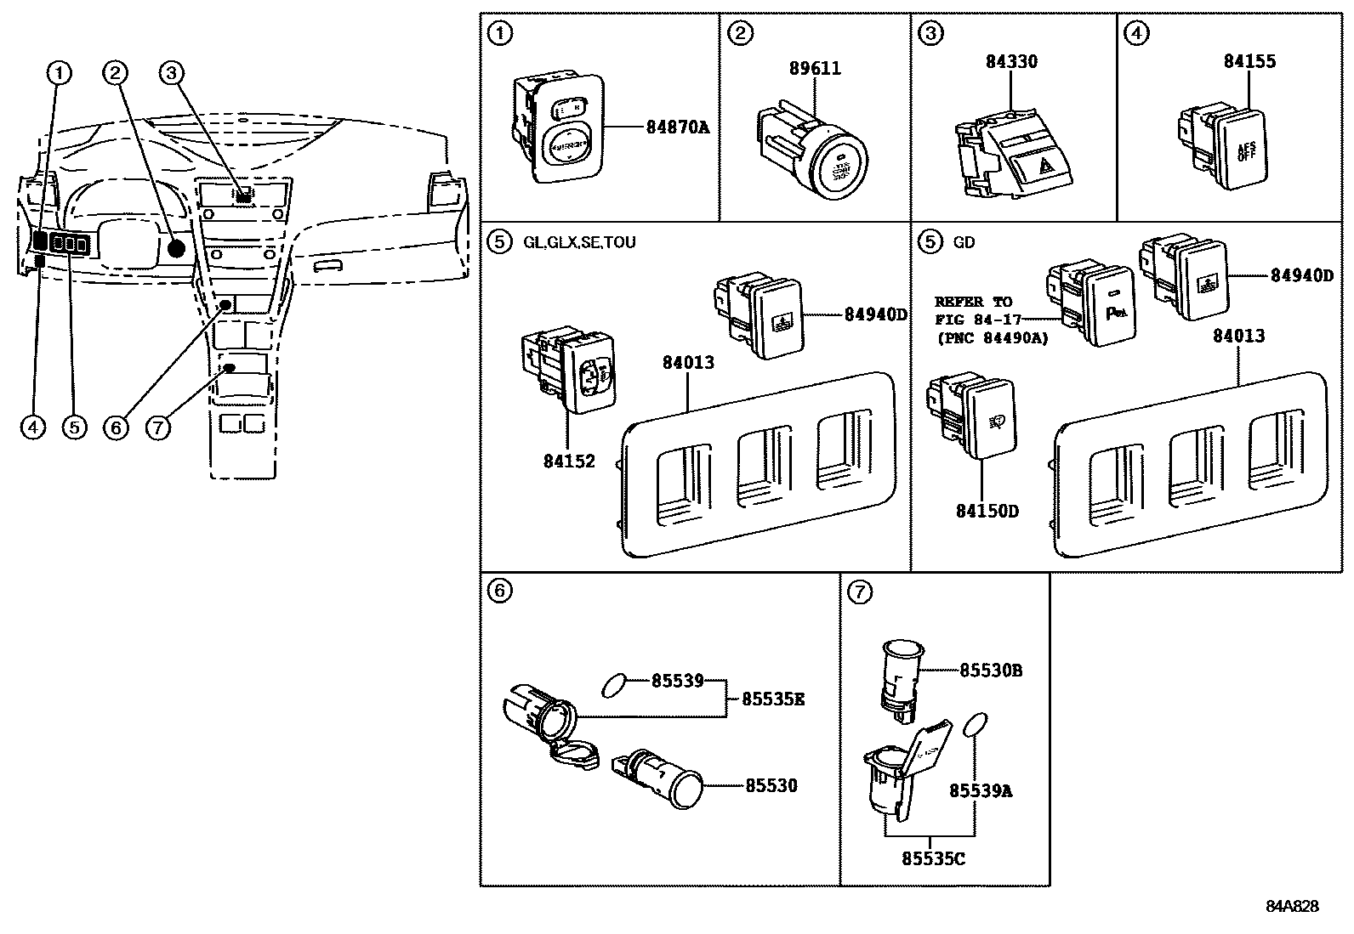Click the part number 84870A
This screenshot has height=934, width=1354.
pos(677,127)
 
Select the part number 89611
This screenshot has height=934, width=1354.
pos(814,69)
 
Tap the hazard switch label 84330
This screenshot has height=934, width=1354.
pos(1011,62)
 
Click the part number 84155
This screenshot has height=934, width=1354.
pos(1249,62)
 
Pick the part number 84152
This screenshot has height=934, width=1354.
pos(569,461)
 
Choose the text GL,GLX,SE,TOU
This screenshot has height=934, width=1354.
pos(578,242)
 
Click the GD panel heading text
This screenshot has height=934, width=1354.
pos(964,242)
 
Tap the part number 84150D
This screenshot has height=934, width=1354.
pos(987,511)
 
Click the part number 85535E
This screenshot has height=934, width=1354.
pos(772,699)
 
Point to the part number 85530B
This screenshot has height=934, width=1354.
pos(991,671)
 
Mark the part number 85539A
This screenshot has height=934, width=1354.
pos(981,791)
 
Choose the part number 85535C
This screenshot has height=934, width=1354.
pos(933,858)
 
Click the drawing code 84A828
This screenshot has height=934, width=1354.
pos(1292,906)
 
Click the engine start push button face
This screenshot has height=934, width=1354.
pos(840,166)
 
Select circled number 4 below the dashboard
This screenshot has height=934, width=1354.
pos(32,427)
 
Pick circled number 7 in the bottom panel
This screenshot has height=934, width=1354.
pos(860,592)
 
